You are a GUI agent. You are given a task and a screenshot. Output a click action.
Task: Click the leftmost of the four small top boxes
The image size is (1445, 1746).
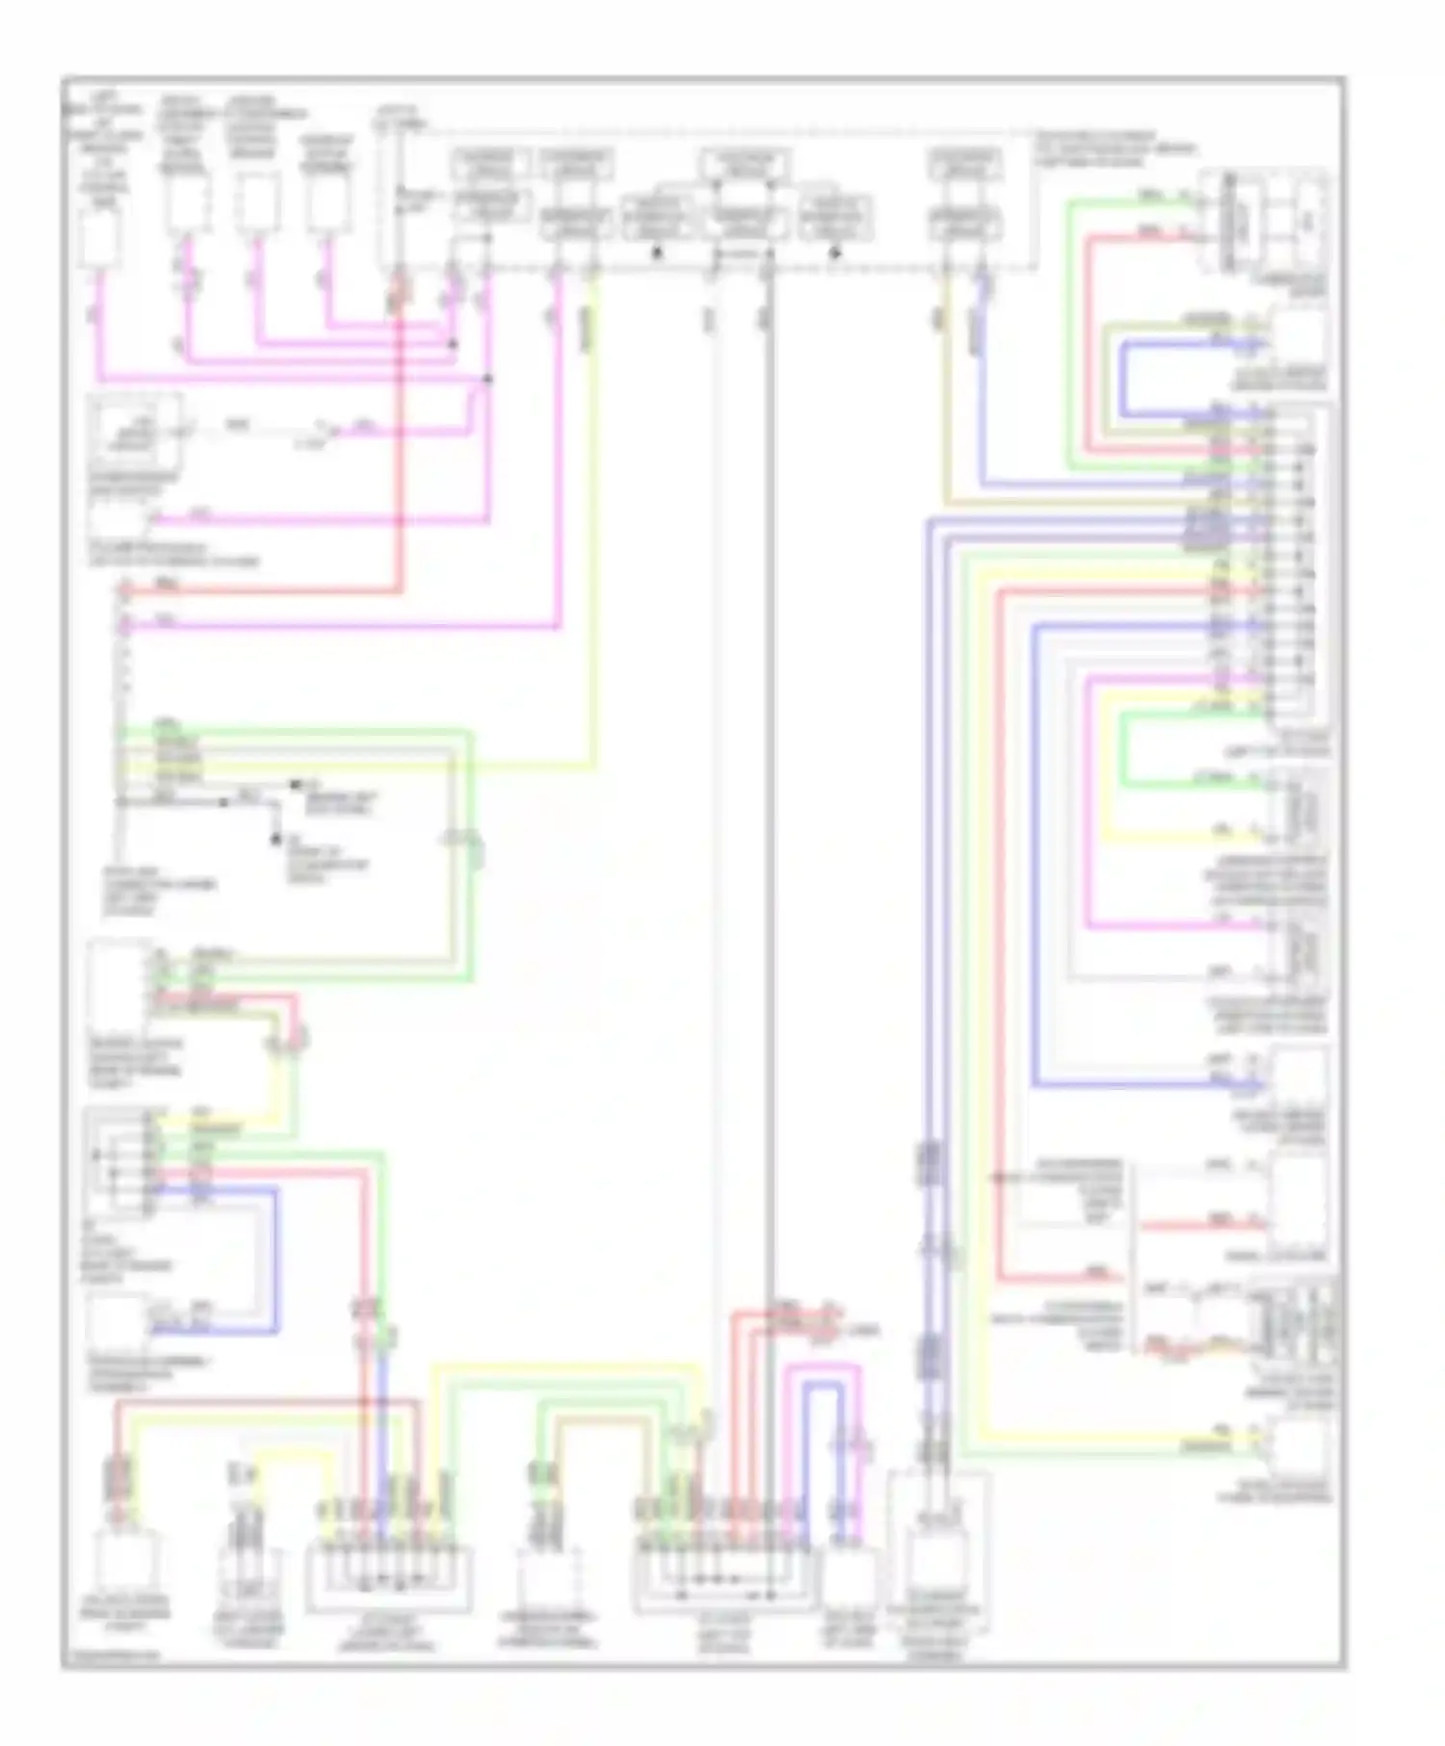[100, 237]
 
